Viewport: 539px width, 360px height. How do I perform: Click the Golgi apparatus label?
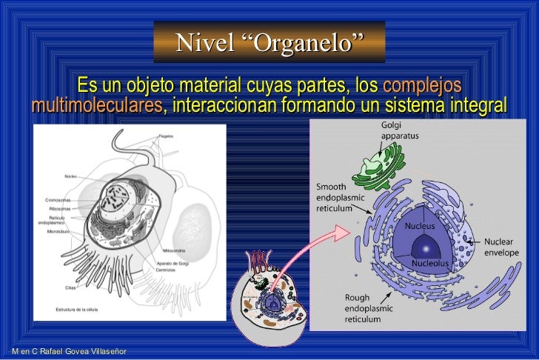[x=400, y=131]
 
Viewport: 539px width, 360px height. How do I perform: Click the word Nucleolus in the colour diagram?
[x=430, y=264]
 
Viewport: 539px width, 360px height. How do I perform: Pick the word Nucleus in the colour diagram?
[x=418, y=224]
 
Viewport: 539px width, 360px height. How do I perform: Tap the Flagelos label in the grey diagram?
[x=166, y=137]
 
